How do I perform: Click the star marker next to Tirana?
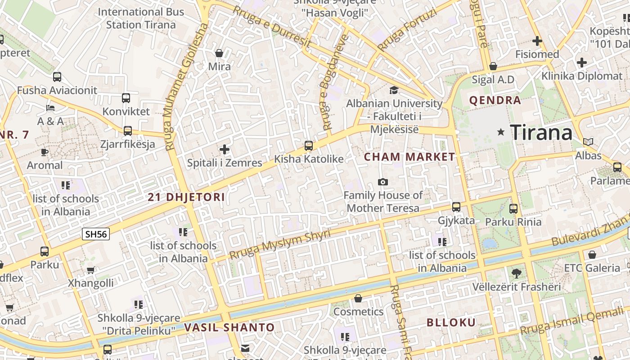click(x=501, y=132)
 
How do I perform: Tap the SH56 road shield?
click(x=96, y=234)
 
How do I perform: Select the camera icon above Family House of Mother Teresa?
click(x=383, y=182)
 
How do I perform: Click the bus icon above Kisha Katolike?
click(x=308, y=145)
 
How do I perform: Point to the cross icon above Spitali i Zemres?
click(x=224, y=149)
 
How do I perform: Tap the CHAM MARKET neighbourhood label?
click(x=409, y=157)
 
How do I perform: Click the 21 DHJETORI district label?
click(x=186, y=197)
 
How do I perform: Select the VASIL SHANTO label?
click(x=229, y=328)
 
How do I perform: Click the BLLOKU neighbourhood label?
click(x=451, y=322)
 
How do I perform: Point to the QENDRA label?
click(x=495, y=100)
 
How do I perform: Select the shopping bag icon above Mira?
click(x=219, y=53)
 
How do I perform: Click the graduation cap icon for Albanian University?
click(x=394, y=90)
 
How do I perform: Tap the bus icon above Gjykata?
click(x=456, y=207)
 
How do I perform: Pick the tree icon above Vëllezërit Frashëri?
click(x=516, y=273)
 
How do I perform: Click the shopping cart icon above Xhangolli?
click(x=91, y=270)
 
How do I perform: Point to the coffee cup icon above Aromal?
click(x=45, y=152)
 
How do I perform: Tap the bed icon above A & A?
click(x=50, y=108)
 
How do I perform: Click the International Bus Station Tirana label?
click(x=141, y=18)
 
